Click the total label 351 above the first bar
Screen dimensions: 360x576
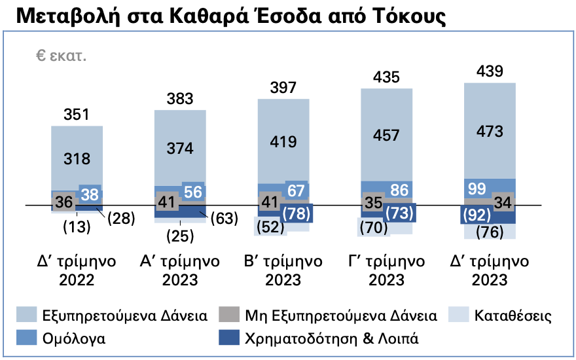pos(77,115)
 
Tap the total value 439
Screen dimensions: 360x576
pos(490,72)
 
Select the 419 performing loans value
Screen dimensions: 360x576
pos(283,141)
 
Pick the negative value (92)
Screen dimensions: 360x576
pos(477,214)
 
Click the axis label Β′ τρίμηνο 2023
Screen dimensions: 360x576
pos(283,270)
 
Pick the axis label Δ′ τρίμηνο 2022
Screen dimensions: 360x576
pos(77,270)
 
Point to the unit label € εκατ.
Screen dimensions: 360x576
pos(62,56)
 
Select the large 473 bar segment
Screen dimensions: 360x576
pos(490,131)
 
